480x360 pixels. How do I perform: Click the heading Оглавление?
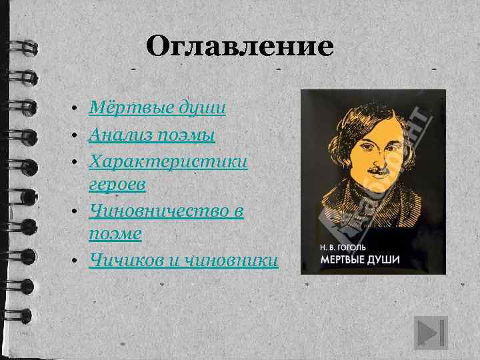pos(239,47)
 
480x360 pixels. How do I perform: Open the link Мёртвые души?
pos(157,107)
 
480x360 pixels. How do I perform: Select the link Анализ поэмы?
pos(152,135)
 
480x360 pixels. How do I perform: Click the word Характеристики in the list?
pos(169,163)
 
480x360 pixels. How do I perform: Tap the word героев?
pos(117,186)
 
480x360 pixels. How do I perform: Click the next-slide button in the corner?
pos(430,331)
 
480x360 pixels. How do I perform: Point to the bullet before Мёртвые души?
pos(77,108)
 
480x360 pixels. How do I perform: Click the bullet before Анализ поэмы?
pos(77,136)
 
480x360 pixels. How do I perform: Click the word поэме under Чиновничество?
pos(114,235)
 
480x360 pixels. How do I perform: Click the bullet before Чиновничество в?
pos(77,212)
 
